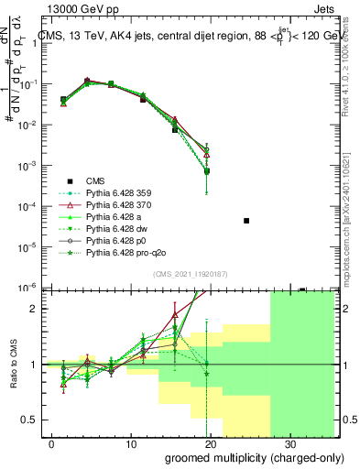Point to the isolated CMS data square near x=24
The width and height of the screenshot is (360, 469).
click(246, 221)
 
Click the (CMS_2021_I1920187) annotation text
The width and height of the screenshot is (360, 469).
click(191, 274)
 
